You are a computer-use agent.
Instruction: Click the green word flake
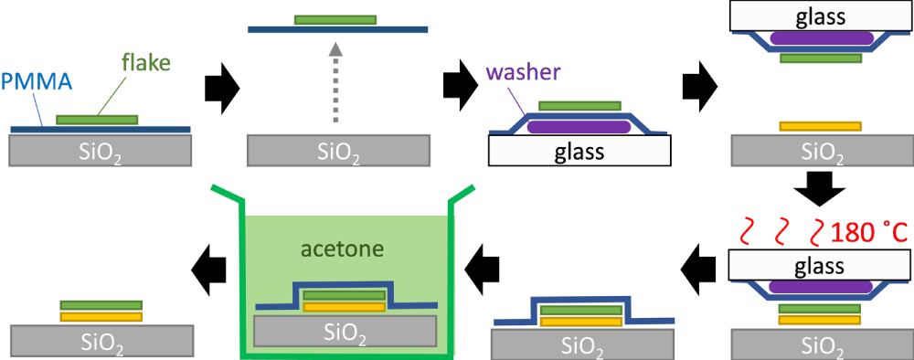click(143, 63)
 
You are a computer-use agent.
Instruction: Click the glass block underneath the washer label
click(580, 152)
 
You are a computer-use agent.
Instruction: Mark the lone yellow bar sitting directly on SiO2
click(819, 126)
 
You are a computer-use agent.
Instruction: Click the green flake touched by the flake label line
click(97, 119)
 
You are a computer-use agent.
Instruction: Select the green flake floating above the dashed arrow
click(335, 19)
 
